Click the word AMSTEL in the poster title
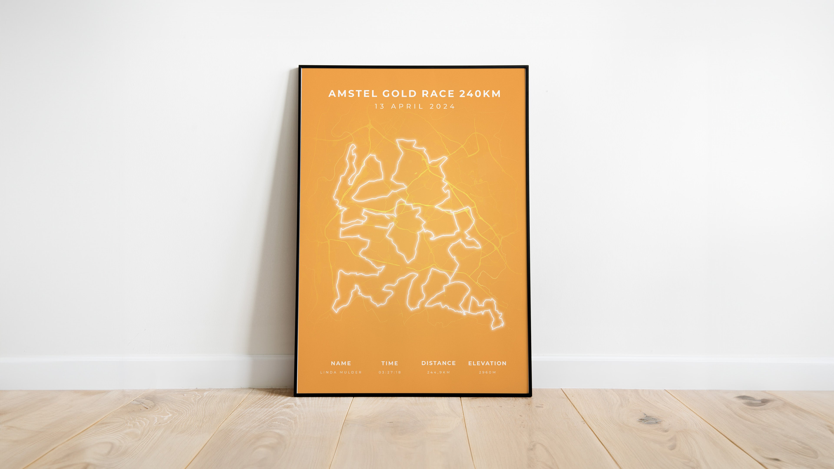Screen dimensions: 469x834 pos(353,94)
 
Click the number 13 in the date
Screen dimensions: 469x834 pos(379,106)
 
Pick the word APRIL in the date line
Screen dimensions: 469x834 pos(407,106)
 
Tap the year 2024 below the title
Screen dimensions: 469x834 pos(442,106)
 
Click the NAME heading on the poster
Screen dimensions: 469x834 pos(341,363)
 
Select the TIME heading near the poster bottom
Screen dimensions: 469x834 pos(389,363)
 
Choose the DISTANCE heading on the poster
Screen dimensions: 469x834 pos(438,363)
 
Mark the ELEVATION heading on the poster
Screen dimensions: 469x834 pos(487,363)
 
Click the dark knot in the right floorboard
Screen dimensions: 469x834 pos(649,420)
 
